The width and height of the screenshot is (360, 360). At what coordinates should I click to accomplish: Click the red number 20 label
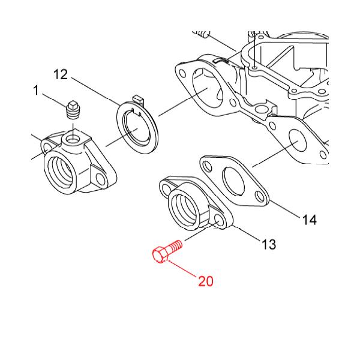(206, 281)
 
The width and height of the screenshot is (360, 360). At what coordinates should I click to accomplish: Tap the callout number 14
(310, 220)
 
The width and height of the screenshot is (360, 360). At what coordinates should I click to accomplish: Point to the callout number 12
(61, 74)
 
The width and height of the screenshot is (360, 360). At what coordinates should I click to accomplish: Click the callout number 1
(36, 90)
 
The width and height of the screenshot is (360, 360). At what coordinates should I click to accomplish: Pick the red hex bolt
(167, 250)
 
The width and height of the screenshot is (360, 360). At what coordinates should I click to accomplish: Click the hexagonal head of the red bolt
(160, 254)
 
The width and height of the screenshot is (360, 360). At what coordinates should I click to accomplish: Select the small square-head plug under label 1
(73, 110)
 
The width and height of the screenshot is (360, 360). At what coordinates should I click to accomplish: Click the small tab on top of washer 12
(138, 99)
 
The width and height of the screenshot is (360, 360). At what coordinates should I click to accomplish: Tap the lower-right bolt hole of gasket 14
(260, 197)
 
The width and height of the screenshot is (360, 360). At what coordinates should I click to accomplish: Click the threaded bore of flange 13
(184, 208)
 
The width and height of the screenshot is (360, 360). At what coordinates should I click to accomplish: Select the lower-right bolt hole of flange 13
(219, 220)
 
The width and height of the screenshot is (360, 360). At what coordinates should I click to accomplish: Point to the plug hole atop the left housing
(73, 139)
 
